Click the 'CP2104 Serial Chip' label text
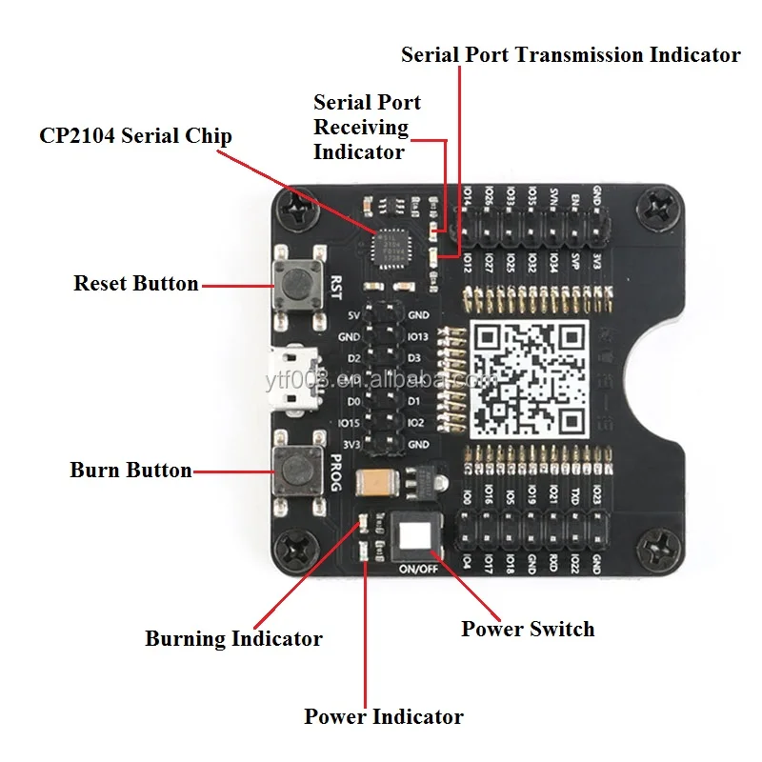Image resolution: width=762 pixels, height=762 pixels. (135, 135)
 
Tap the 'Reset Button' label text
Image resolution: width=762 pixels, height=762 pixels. (136, 284)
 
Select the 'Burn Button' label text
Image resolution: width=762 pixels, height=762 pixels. (130, 471)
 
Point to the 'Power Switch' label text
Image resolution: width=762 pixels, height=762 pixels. (528, 629)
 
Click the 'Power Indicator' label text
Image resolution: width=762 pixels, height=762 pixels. (384, 716)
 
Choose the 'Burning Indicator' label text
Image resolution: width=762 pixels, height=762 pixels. (233, 638)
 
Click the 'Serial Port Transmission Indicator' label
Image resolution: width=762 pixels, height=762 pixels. (571, 54)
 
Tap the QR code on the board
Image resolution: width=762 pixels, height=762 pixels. (529, 378)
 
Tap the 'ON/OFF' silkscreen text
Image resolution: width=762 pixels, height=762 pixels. (415, 570)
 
